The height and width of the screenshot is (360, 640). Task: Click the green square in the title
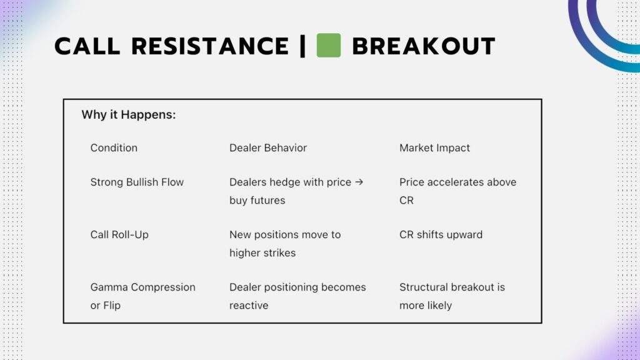tap(328, 46)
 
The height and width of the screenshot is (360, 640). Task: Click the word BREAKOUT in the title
tap(423, 46)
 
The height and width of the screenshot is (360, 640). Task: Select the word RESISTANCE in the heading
tap(210, 46)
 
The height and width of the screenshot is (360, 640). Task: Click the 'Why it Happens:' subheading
tap(128, 115)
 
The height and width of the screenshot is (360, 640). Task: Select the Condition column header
tap(114, 148)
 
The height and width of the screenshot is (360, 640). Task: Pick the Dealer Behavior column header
tap(268, 148)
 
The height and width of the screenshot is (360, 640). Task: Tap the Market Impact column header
tap(434, 148)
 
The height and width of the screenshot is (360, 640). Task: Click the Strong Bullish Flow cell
tap(137, 182)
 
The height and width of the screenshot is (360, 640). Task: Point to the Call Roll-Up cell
tap(119, 235)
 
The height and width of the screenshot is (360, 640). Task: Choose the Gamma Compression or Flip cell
tap(142, 296)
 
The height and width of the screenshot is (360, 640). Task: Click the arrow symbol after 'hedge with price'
tap(359, 182)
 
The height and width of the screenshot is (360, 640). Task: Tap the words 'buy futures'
tap(257, 201)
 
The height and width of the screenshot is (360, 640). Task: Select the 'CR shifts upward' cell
tap(441, 235)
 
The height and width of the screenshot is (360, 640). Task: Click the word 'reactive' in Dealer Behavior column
tap(249, 306)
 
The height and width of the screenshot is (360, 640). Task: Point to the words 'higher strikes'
tap(262, 253)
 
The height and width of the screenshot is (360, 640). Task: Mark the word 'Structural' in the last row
tap(422, 287)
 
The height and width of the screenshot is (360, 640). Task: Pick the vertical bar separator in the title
tap(303, 46)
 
